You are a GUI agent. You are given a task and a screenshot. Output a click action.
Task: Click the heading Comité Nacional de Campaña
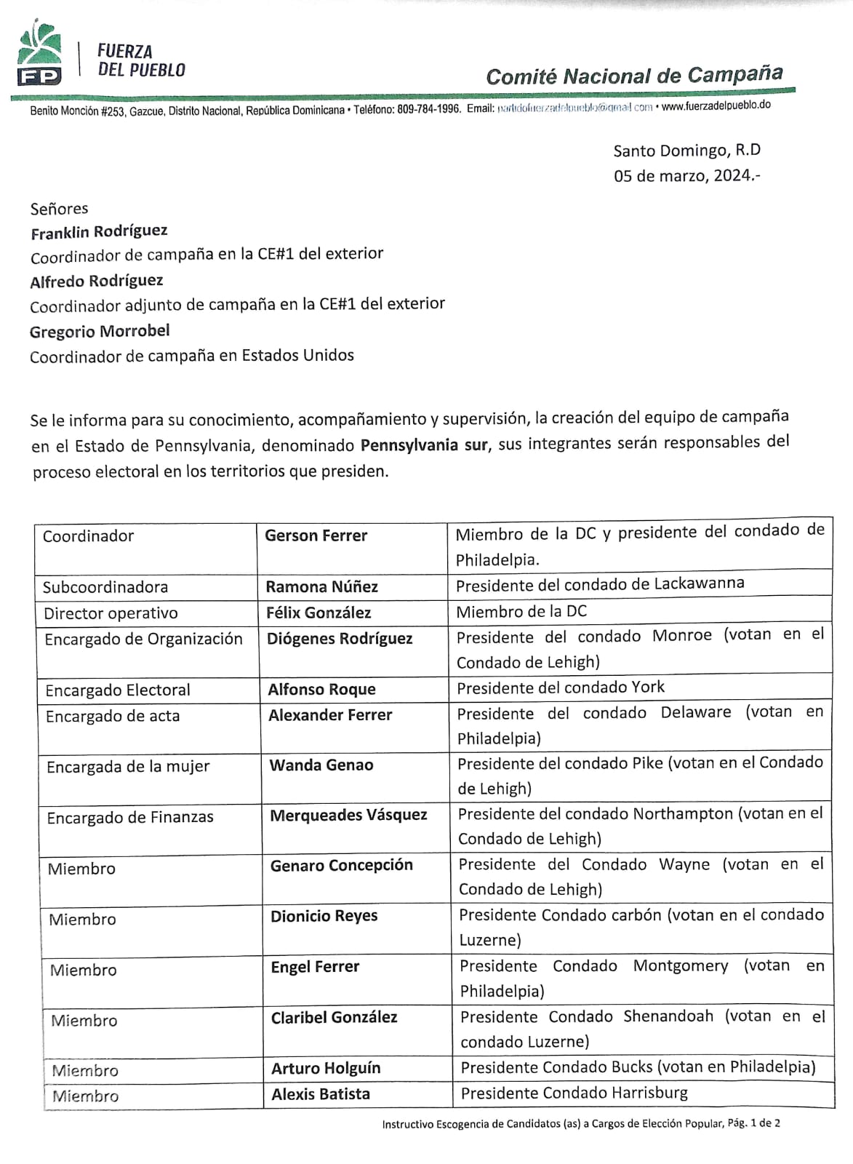pos(634,76)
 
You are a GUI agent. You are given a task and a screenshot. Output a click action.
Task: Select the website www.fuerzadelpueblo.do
pos(716,105)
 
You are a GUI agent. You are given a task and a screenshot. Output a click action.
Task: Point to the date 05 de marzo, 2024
pos(686,175)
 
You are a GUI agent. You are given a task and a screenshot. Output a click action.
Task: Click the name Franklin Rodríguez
pos(99,232)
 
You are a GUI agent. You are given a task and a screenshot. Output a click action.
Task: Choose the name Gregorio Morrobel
pos(100,332)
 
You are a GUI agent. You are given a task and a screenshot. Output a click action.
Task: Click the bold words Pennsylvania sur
pos(424,445)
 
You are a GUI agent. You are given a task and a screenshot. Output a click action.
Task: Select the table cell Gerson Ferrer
pos(316,536)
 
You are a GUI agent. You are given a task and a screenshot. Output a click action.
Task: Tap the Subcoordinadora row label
pos(105,587)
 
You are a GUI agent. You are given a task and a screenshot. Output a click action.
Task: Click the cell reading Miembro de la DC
pos(521,612)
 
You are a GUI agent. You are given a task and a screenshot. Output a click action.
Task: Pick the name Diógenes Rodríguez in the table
pos(339,639)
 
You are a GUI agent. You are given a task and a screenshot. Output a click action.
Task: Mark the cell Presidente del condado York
pos(560,687)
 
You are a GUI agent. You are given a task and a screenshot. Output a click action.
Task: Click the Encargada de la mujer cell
pos(128,767)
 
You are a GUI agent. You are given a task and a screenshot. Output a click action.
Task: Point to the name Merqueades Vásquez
pos(348,815)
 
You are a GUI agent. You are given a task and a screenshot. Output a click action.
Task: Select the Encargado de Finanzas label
pos(130,818)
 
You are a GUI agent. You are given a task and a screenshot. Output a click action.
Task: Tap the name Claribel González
pos(334,1017)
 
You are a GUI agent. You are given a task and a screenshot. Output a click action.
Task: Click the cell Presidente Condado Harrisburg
pos(574,1093)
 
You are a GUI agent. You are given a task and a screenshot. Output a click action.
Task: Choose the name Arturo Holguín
pos(326,1068)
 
